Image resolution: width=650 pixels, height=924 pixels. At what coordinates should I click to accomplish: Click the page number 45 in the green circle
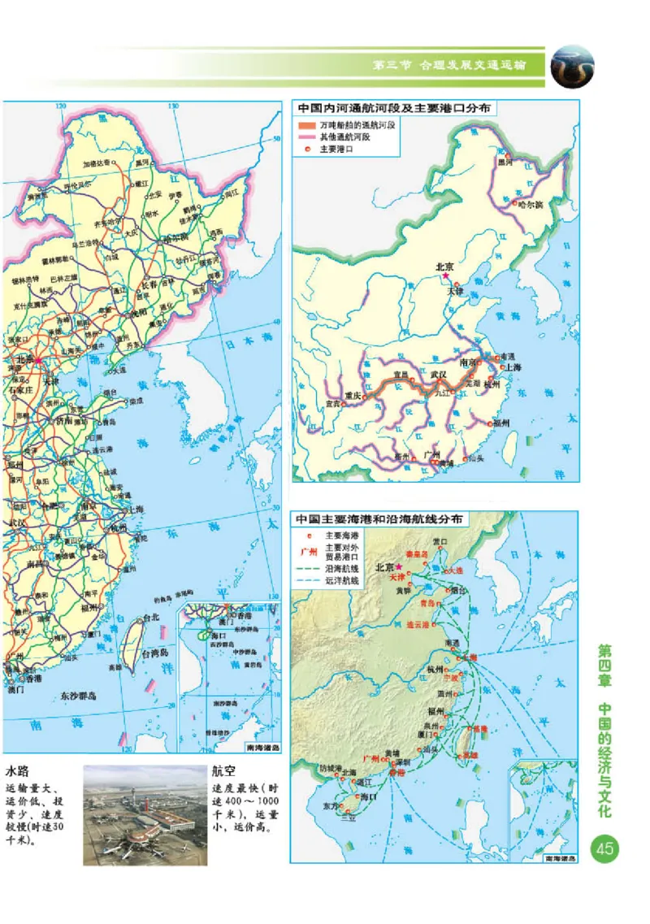point(604,849)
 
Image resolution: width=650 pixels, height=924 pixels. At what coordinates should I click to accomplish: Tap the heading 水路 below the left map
point(19,770)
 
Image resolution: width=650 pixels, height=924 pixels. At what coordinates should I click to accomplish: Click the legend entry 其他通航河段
point(344,137)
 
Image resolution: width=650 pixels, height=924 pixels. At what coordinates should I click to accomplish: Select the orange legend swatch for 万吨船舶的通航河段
point(305,126)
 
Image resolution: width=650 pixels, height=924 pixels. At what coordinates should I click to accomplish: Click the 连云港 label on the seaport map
point(420,624)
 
